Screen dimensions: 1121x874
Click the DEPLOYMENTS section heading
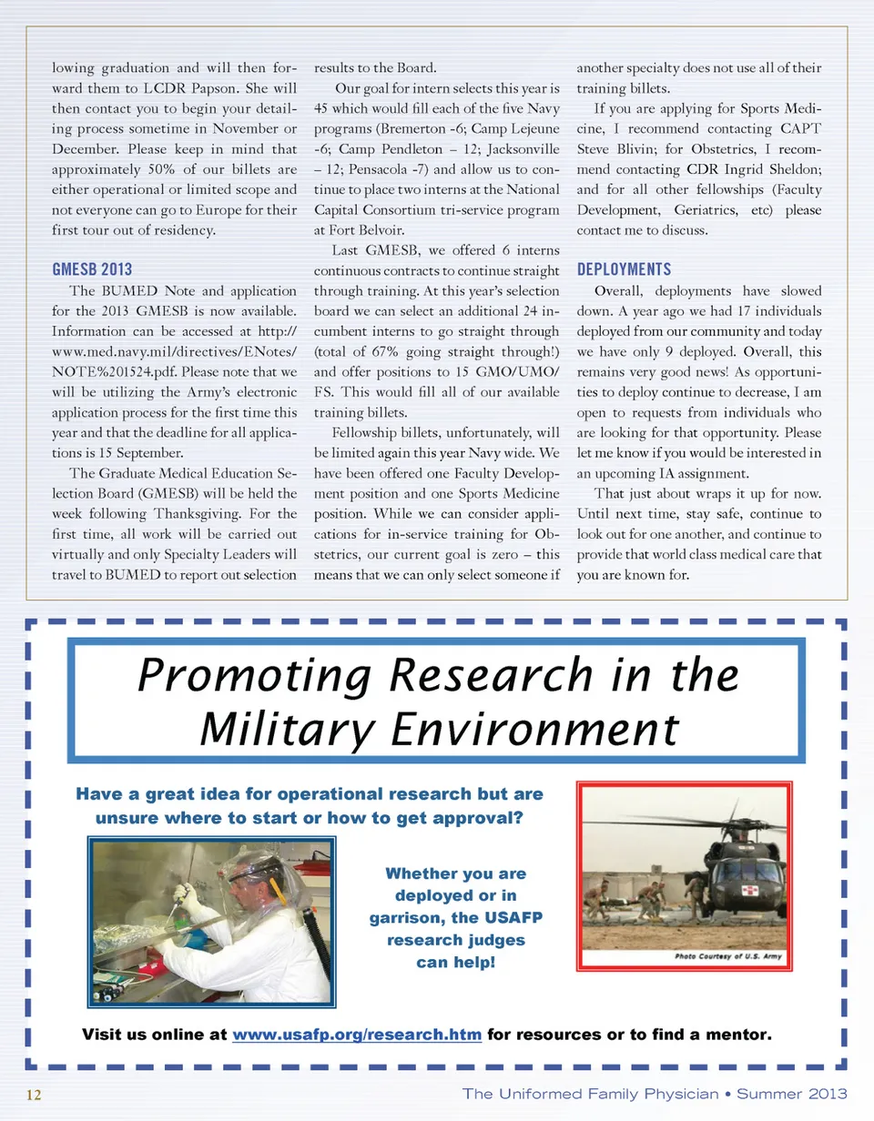click(625, 269)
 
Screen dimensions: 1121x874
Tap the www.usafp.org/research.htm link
click(357, 1035)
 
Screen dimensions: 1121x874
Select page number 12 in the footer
click(35, 1094)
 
